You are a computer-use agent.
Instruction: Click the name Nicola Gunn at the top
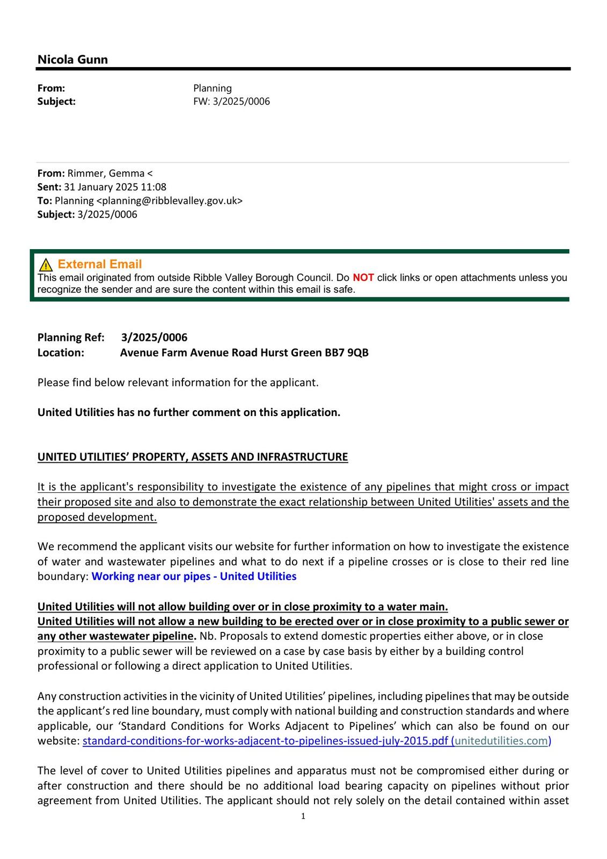(x=72, y=60)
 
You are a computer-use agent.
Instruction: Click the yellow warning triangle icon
(x=46, y=265)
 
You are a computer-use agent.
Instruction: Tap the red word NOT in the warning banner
(x=363, y=278)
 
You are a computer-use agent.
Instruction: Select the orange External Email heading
(x=100, y=264)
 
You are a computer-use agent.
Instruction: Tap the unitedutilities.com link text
(x=501, y=741)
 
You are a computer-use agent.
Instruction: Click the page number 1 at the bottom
(x=303, y=817)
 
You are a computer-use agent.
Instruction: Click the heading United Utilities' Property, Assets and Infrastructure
(x=193, y=457)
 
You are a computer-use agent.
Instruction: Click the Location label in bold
(x=61, y=353)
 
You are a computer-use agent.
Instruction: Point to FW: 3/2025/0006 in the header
(x=231, y=101)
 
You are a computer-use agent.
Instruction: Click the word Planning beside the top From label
(x=213, y=88)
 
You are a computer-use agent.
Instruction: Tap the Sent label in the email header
(x=49, y=187)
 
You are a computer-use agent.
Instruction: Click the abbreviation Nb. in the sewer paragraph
(x=207, y=636)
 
